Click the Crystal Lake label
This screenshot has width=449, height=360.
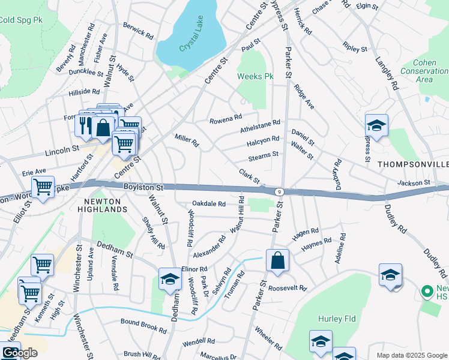[x=192, y=41]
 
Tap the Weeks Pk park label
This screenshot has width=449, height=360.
[x=255, y=77]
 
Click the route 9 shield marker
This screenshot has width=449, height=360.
[x=279, y=191]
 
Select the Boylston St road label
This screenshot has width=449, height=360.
[x=143, y=188]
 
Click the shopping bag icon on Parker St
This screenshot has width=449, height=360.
[x=277, y=261]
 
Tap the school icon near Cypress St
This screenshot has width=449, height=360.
[x=376, y=126]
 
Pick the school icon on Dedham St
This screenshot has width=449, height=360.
[x=169, y=279]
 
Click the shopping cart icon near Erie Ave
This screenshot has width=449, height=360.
[x=43, y=188]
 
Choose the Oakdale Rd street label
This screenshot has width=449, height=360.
[x=209, y=204]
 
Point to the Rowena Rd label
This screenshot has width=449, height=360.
[x=225, y=120]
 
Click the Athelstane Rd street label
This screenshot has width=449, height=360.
[x=260, y=126]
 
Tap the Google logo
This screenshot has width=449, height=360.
[x=20, y=353]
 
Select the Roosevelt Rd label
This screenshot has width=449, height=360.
[x=288, y=287]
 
